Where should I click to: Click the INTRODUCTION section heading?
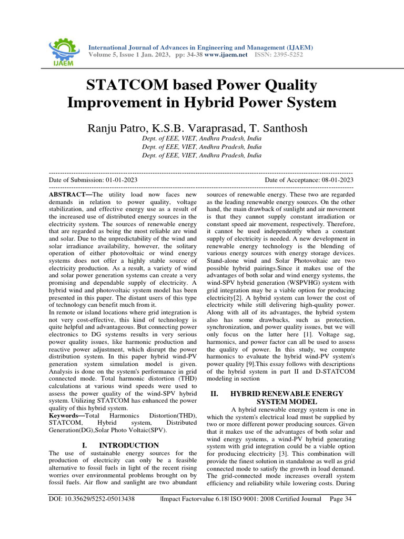pos(129,445)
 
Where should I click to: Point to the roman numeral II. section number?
pos(214,394)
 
